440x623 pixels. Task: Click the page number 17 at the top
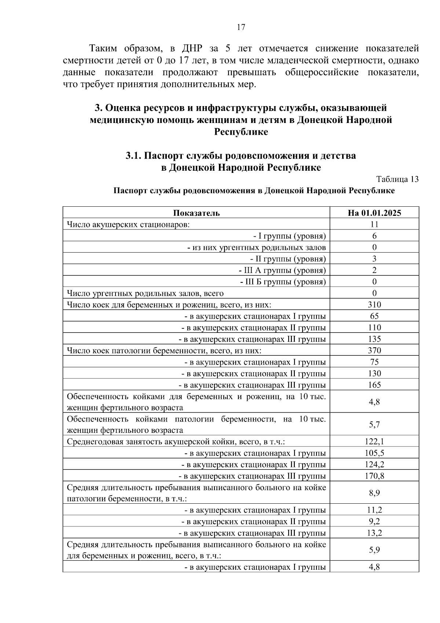[x=241, y=27]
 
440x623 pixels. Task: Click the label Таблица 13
[x=397, y=179]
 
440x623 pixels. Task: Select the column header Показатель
[x=197, y=213]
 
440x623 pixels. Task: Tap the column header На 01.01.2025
[x=374, y=213]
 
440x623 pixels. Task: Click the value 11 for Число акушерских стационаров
[x=374, y=224]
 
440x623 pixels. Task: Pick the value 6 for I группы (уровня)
[x=374, y=236]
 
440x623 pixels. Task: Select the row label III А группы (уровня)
[x=282, y=270]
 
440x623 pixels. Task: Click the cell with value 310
[x=374, y=304]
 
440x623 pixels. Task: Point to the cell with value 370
[x=374, y=350]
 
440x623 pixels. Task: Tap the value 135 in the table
[x=374, y=339]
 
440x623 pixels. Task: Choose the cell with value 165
[x=374, y=385]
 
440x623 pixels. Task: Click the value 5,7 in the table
[x=374, y=424]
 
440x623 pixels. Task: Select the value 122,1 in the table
[x=374, y=441]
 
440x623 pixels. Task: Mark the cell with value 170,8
[x=374, y=476]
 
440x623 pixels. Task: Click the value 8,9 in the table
[x=374, y=493]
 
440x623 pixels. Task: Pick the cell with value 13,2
[x=374, y=533]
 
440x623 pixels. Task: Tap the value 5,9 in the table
[x=374, y=550]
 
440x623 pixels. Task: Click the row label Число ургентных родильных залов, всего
[x=145, y=293]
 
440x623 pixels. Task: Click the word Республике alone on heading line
[x=241, y=132]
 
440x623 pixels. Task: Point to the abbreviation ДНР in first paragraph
[x=190, y=48]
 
